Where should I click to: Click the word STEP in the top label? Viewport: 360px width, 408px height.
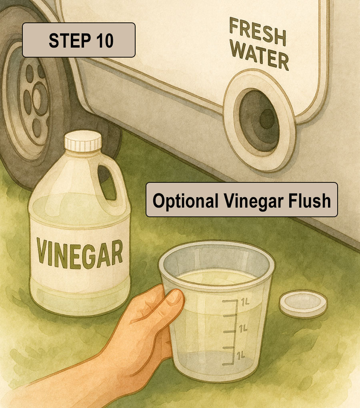pos(64,40)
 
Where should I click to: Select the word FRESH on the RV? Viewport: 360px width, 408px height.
pos(258,32)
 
